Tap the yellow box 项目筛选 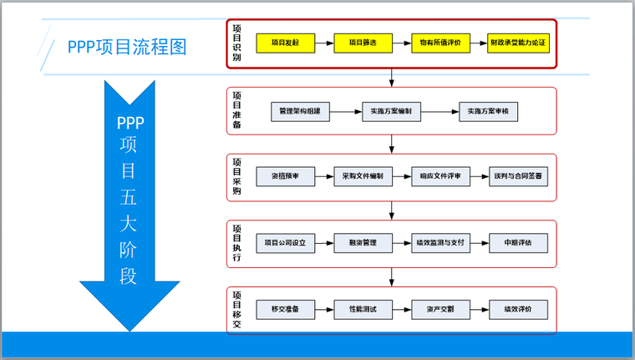[363, 43]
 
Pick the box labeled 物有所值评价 [441, 43]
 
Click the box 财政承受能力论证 [519, 43]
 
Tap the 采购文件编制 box [363, 176]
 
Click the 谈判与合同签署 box [519, 176]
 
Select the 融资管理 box [363, 243]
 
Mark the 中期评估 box [519, 243]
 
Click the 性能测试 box [363, 309]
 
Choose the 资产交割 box [441, 309]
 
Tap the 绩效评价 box [519, 309]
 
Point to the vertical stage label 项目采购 [236, 175]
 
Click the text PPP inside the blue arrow [130, 123]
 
